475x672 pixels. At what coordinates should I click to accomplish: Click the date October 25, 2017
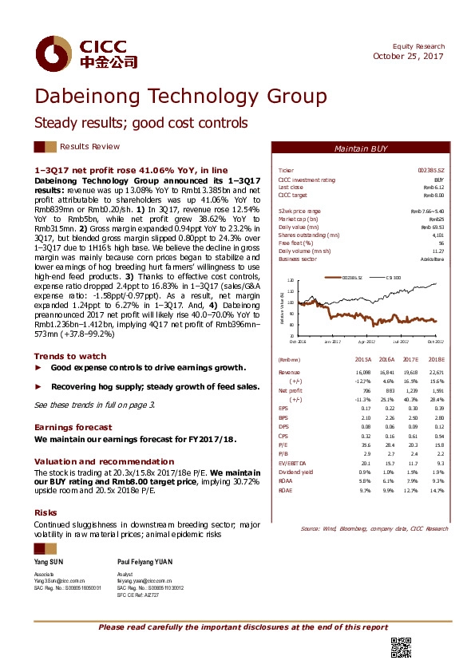[x=409, y=56]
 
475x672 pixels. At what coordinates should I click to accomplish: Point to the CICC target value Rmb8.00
[x=433, y=195]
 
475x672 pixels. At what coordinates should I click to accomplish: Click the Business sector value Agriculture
[x=432, y=260]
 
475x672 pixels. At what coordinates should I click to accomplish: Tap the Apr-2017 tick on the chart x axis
[x=366, y=342]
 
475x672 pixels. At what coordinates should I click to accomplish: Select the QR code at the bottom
[x=400, y=648]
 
